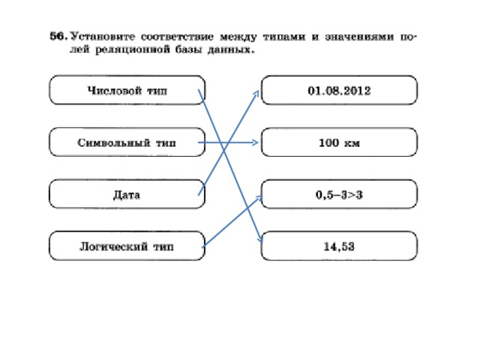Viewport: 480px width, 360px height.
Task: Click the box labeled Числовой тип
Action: (x=127, y=90)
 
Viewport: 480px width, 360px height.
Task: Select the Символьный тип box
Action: (x=127, y=142)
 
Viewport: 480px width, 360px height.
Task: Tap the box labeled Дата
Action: (x=127, y=194)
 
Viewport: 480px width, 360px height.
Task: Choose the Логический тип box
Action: (x=127, y=246)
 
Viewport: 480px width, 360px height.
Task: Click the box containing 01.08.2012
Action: (x=339, y=90)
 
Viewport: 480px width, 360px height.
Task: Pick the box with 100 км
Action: (x=339, y=142)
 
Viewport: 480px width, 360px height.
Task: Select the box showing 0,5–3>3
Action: (x=339, y=194)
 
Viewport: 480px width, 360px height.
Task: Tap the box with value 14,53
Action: (x=339, y=246)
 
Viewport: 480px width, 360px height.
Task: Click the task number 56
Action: (x=58, y=36)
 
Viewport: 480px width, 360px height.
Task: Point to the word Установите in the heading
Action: (x=103, y=37)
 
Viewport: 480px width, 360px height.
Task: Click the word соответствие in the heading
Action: (x=177, y=37)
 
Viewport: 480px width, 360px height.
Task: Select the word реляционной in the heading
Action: (x=133, y=49)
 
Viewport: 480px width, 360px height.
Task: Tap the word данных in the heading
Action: (x=231, y=49)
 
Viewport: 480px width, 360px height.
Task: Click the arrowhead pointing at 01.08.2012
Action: (x=256, y=94)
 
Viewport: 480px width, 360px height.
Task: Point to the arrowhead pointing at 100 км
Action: (x=255, y=142)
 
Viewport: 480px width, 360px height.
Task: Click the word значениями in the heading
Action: (x=359, y=37)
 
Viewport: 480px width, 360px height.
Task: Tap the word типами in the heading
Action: (x=284, y=37)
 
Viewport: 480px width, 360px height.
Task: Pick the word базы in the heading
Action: (x=189, y=49)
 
